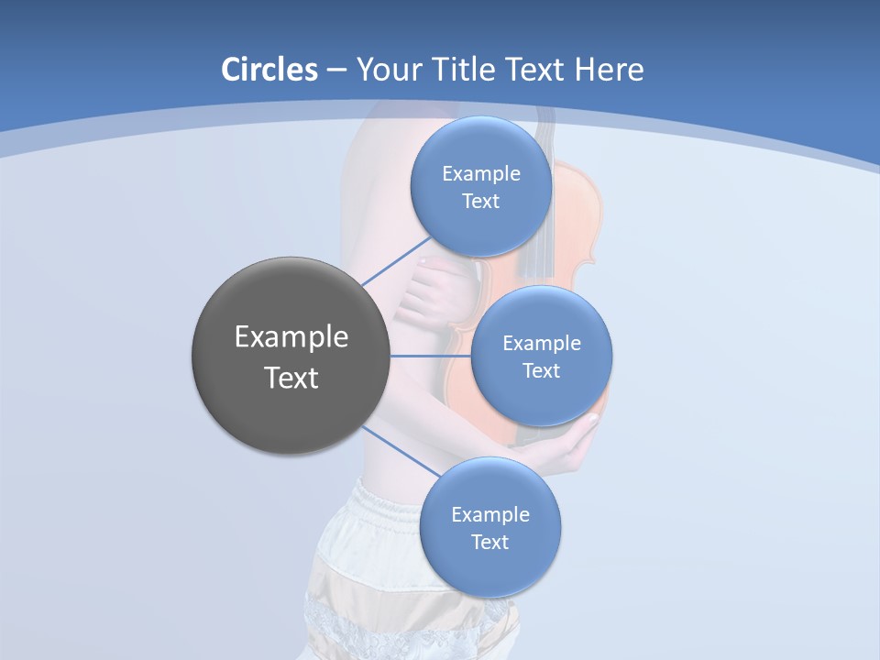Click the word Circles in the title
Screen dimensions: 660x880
pos(269,70)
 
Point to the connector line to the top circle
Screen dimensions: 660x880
pos(396,261)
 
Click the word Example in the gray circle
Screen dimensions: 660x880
pos(291,337)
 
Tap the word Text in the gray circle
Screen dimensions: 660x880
pos(291,378)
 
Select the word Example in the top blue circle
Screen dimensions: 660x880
pos(481,174)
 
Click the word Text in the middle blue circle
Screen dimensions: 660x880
pos(541,370)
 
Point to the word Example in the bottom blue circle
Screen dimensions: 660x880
pos(490,515)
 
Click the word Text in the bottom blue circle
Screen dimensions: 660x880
pos(489,542)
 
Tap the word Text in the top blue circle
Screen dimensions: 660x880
pos(480,202)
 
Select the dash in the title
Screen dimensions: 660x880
pos(336,71)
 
